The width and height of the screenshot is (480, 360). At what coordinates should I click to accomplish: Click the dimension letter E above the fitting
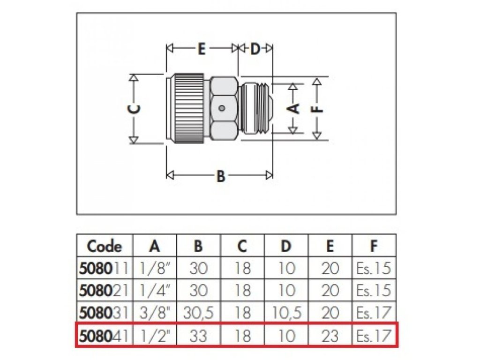[201, 49]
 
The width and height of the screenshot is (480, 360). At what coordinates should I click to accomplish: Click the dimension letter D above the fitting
[255, 49]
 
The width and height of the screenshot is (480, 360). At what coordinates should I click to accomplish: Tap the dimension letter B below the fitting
[221, 176]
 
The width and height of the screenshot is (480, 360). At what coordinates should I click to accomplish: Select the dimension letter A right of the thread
[293, 108]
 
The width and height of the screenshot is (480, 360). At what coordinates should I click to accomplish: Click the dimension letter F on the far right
[317, 108]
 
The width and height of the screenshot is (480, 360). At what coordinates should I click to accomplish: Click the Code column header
[105, 246]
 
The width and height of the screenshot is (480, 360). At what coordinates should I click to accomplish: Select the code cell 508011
[105, 268]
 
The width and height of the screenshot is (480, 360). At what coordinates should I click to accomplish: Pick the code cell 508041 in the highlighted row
[105, 336]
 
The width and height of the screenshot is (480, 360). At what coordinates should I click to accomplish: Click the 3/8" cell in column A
[155, 313]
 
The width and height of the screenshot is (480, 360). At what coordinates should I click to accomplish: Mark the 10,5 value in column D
[286, 313]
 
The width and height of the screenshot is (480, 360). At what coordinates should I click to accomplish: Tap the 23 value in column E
[330, 336]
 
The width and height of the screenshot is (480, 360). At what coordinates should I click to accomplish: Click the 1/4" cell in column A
[155, 290]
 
